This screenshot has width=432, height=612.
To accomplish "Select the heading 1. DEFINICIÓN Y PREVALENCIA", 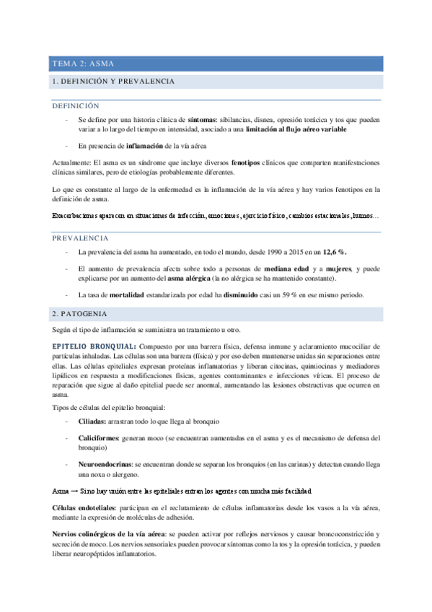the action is point(113,82).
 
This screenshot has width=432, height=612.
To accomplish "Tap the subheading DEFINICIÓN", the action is point(79,105).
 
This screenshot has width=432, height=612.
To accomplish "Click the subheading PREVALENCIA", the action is point(81,237).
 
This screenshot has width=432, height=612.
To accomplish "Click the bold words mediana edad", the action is point(277,268).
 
